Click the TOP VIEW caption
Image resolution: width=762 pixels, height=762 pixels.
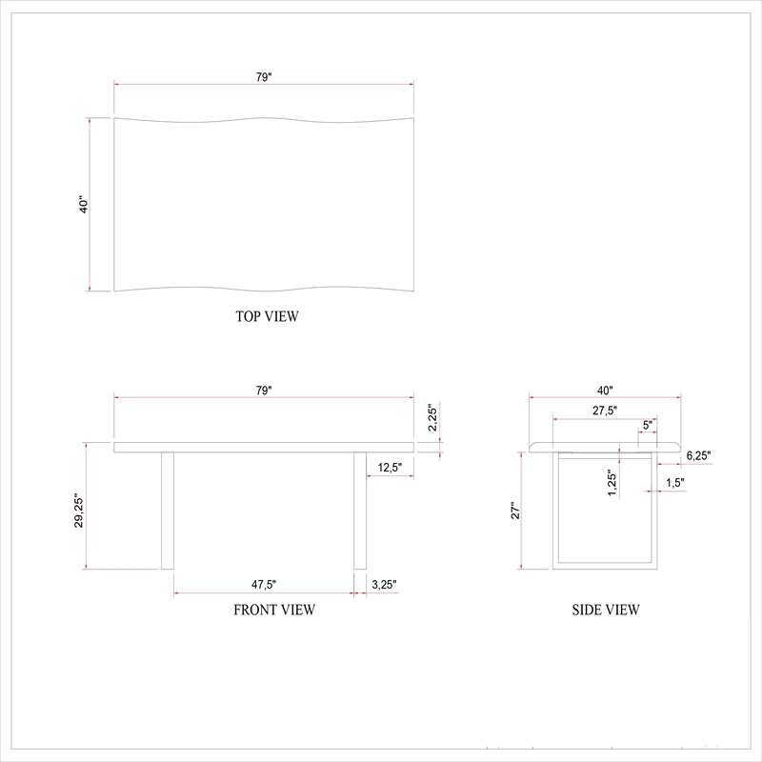(x=267, y=316)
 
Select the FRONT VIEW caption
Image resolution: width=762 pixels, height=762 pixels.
(x=274, y=610)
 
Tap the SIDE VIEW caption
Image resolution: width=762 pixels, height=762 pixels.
(x=606, y=610)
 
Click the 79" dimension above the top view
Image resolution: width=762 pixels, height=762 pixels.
(x=264, y=77)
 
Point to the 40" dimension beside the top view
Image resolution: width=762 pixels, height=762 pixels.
(x=84, y=205)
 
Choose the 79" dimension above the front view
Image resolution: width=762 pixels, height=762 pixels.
(x=264, y=391)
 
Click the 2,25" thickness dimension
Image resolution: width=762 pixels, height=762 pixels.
(x=432, y=417)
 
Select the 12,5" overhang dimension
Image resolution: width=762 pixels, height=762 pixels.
(x=390, y=468)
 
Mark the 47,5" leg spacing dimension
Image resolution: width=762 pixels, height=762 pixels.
(x=264, y=585)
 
